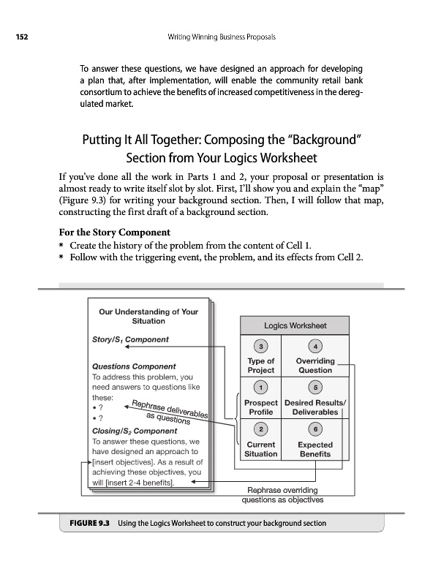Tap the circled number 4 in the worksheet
pos(314,346)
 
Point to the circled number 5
pos(314,387)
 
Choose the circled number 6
pos(314,429)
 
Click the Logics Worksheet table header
pos(295,326)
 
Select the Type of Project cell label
pos(261,366)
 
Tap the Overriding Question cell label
pos(314,366)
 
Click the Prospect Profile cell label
pos(261,407)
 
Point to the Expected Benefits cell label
pos(314,449)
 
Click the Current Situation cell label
pos(261,449)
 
